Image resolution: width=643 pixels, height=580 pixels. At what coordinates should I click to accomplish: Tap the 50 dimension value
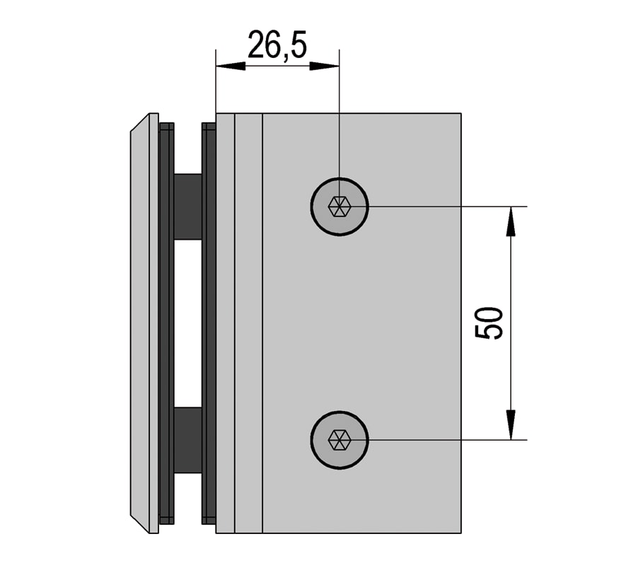pos(489,323)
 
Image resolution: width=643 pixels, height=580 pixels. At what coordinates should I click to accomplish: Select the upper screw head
pos(340,207)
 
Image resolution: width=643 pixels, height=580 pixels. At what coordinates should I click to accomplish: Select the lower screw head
pos(340,440)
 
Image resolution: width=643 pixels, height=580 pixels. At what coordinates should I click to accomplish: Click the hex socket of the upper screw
pos(340,207)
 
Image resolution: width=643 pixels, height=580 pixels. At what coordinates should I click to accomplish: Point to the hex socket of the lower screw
pos(340,440)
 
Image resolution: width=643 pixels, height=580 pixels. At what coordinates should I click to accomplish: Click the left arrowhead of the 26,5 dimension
pos(231,66)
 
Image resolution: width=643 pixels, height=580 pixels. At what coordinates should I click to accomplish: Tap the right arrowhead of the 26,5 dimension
pos(325,66)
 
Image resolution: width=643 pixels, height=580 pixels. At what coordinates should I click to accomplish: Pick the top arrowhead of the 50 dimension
pos(511,221)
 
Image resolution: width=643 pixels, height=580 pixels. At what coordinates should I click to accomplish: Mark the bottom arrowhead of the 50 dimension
pos(511,425)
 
